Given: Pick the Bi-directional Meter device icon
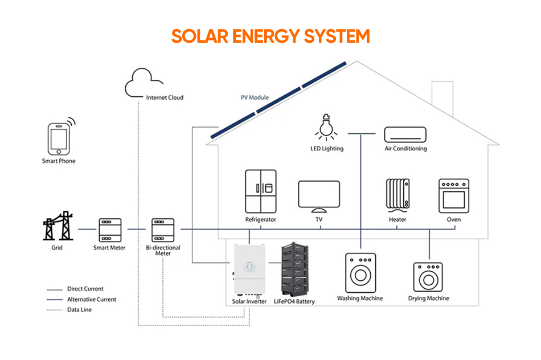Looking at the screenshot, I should [162, 230].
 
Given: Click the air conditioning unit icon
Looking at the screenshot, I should [405, 134].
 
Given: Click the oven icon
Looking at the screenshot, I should [454, 195].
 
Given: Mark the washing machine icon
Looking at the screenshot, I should [360, 273].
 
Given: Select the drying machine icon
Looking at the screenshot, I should [428, 277].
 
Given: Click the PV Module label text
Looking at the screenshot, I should [255, 97].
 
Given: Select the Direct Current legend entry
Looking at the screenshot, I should [85, 289].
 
